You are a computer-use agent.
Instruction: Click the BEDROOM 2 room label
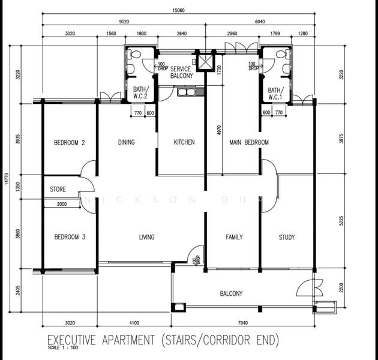click(69, 143)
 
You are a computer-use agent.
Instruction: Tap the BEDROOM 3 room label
click(69, 237)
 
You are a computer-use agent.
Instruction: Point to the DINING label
click(126, 143)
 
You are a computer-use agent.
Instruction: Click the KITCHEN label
click(184, 143)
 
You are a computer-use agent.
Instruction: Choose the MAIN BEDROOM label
click(249, 143)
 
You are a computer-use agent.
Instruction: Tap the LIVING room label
click(147, 237)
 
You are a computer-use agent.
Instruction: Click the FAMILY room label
click(234, 237)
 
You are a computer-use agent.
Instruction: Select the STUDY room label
click(287, 237)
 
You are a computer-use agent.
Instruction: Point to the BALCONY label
click(231, 293)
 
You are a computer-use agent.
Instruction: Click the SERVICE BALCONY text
click(176, 73)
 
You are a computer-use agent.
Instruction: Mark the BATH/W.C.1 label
click(275, 93)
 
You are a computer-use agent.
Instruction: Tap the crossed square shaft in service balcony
click(205, 61)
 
